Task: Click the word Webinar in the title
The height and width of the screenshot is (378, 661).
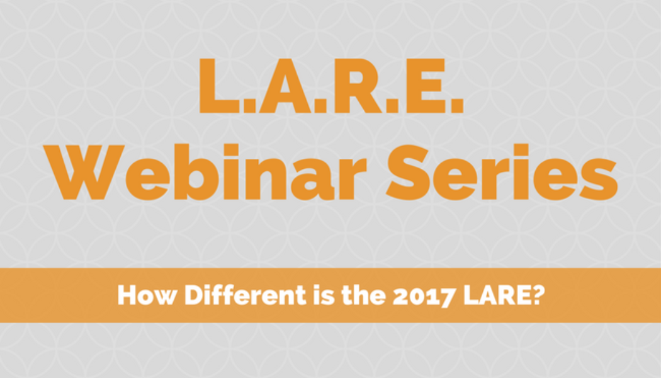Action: pyautogui.click(x=205, y=172)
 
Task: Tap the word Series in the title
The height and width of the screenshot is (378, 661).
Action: pyautogui.click(x=502, y=172)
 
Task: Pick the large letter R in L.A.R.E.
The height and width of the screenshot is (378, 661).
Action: pyautogui.click(x=358, y=86)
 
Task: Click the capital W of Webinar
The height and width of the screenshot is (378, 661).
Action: pyautogui.click(x=84, y=172)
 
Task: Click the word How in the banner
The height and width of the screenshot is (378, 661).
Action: pyautogui.click(x=147, y=295)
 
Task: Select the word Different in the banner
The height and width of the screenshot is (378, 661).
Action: pyautogui.click(x=246, y=295)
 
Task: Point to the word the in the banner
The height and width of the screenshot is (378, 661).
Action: pyautogui.click(x=363, y=295)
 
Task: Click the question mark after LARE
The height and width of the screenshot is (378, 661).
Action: pyautogui.click(x=536, y=295)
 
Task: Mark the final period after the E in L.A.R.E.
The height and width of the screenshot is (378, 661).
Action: pyautogui.click(x=457, y=106)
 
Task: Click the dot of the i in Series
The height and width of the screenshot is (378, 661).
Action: pyautogui.click(x=521, y=150)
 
